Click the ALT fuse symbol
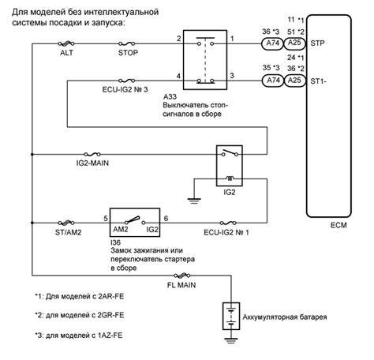[66, 43]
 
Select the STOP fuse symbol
[127, 43]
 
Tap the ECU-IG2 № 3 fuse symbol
[127, 81]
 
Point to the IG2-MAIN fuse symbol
[92, 154]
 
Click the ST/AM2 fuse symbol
[66, 223]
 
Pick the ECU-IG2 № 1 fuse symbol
[228, 223]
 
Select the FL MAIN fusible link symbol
[182, 276]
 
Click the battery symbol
[231, 316]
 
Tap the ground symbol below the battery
[231, 341]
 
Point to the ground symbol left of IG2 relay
[194, 201]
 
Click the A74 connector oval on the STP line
[272, 43]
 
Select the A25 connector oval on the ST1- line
[294, 81]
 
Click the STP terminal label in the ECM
[317, 43]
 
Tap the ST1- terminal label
[318, 81]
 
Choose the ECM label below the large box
[338, 225]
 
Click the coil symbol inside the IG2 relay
[230, 178]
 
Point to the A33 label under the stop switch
[170, 96]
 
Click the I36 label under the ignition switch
[115, 242]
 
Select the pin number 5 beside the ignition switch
[106, 219]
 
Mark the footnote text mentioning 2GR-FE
[80, 315]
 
